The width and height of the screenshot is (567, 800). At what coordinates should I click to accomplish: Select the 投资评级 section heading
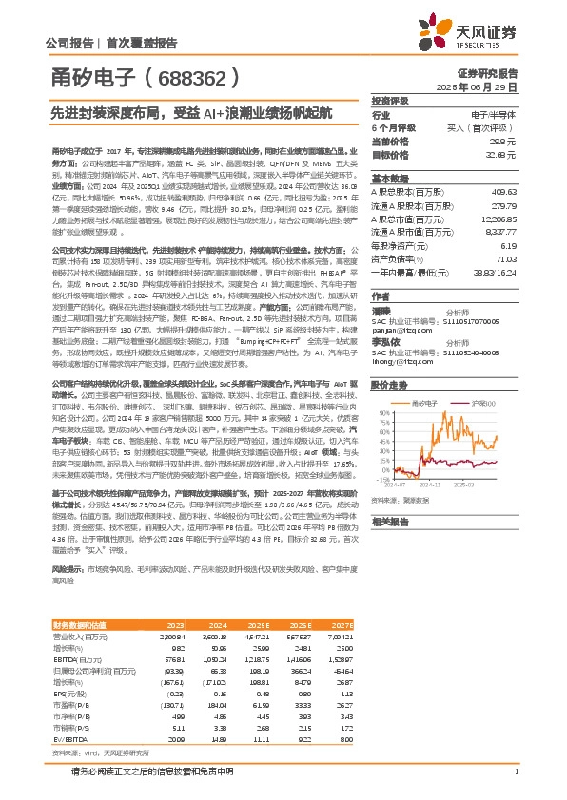(x=389, y=100)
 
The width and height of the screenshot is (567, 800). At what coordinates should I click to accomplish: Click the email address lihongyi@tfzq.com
(x=403, y=361)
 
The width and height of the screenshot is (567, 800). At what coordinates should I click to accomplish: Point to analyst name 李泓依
(x=384, y=342)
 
